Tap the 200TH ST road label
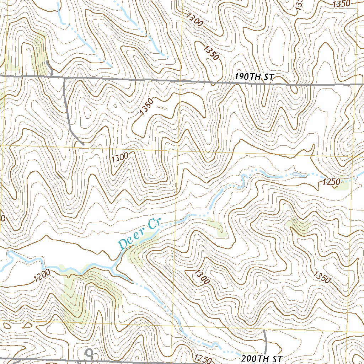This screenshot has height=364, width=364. (x=262, y=358)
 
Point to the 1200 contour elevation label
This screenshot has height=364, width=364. (x=42, y=276)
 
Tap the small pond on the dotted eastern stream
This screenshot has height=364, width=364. (x=298, y=174)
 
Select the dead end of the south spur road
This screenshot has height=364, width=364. (x=84, y=144)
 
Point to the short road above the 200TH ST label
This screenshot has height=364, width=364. (x=266, y=341)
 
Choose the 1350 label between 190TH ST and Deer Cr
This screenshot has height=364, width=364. (x=146, y=107)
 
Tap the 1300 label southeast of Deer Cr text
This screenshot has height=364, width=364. (x=202, y=277)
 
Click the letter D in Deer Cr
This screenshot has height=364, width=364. (x=123, y=244)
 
